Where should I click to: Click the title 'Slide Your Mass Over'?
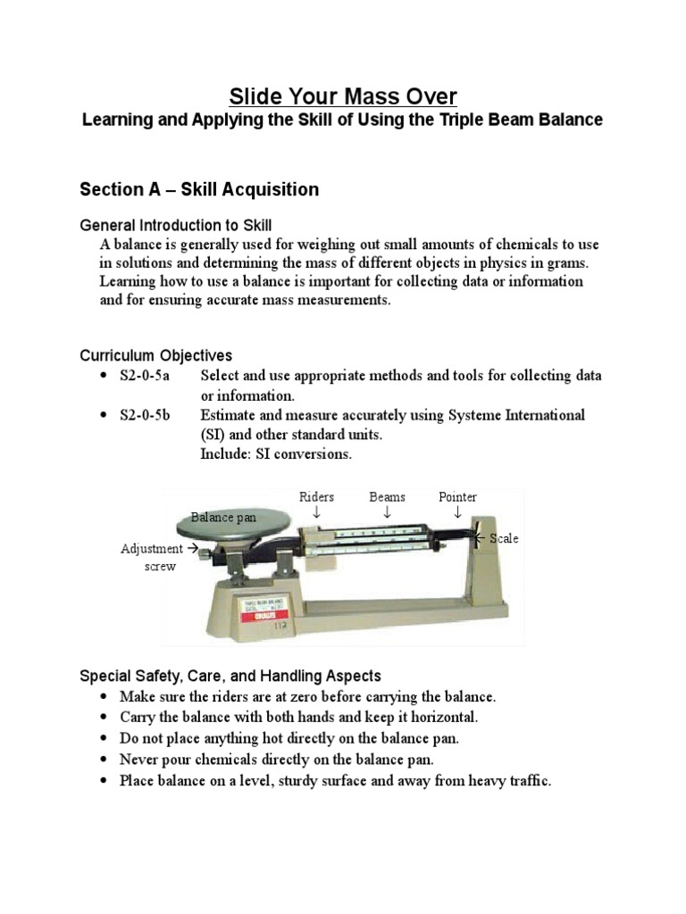[x=343, y=96]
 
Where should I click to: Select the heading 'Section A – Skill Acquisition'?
[x=199, y=189]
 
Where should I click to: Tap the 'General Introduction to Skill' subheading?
[x=176, y=225]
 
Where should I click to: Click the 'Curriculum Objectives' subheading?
[x=155, y=355]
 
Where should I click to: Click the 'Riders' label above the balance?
[x=316, y=496]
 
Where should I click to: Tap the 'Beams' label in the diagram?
[x=387, y=496]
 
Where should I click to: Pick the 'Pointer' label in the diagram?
[x=457, y=496]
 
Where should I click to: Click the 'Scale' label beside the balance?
[x=504, y=538]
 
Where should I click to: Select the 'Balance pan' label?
[x=223, y=517]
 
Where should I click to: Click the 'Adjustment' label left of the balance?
[x=152, y=549]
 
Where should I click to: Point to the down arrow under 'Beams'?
[x=387, y=512]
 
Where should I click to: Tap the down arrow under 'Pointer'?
[x=457, y=512]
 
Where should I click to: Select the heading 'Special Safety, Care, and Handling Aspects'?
[x=230, y=676]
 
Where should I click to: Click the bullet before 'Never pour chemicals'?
[x=104, y=760]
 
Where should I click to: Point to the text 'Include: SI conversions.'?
[x=276, y=454]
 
